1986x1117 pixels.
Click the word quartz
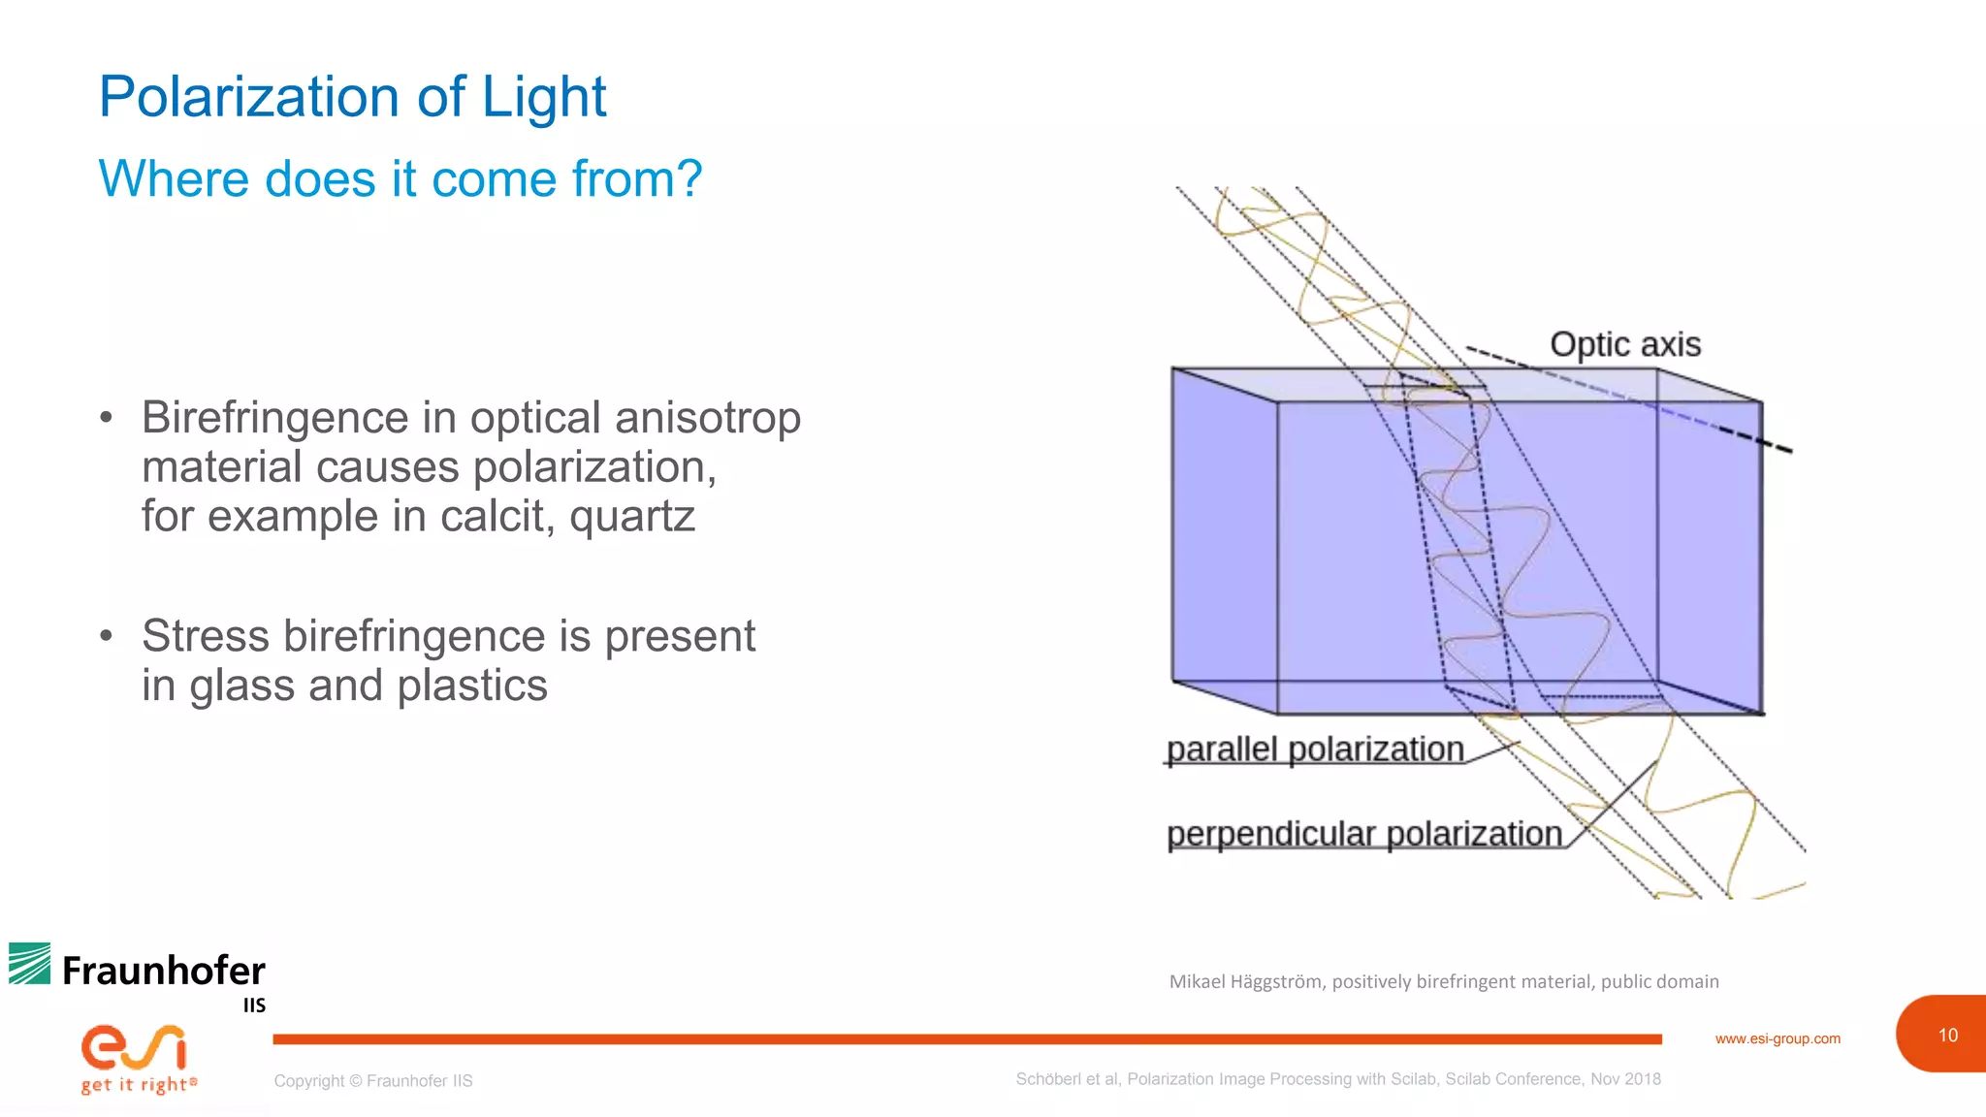pyautogui.click(x=632, y=516)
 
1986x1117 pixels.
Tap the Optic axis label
pyautogui.click(x=1624, y=344)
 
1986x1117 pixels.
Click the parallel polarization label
pyautogui.click(x=1314, y=749)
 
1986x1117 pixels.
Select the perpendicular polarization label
pyautogui.click(x=1363, y=833)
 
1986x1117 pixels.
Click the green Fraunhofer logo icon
pyautogui.click(x=30, y=963)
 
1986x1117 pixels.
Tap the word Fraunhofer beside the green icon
pyautogui.click(x=163, y=971)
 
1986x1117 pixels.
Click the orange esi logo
pyautogui.click(x=134, y=1047)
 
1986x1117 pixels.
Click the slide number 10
pyautogui.click(x=1947, y=1036)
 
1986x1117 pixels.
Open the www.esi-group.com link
pyautogui.click(x=1777, y=1038)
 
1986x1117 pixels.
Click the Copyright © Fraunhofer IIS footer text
pyautogui.click(x=373, y=1080)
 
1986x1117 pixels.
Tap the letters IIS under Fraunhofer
pyautogui.click(x=254, y=1005)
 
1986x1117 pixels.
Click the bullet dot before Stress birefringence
pyautogui.click(x=107, y=636)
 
